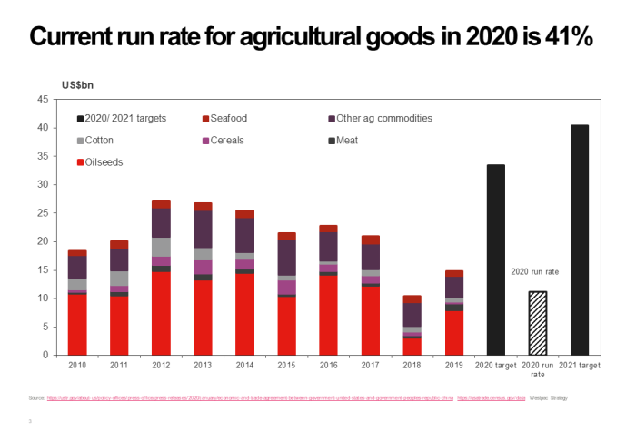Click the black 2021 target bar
click(579, 240)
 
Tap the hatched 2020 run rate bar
click(537, 323)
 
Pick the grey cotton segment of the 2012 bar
click(161, 247)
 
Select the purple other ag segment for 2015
click(286, 258)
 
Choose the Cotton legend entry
click(99, 141)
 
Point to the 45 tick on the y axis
click(42, 100)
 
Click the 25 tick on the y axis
click(42, 213)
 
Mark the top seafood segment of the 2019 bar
click(453, 273)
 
